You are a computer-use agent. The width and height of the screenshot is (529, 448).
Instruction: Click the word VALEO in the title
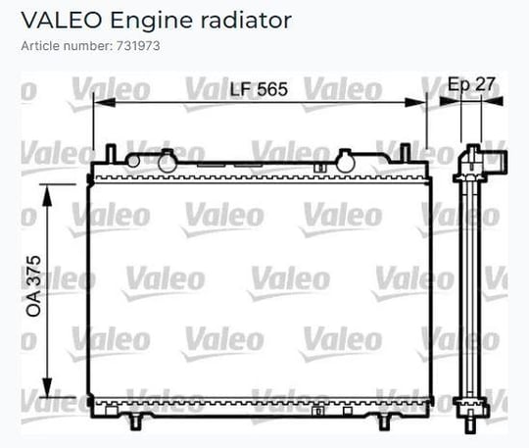click(x=62, y=21)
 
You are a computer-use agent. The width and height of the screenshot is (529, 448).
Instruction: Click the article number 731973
click(x=138, y=46)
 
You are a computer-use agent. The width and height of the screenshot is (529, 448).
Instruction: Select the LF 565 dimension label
click(x=259, y=89)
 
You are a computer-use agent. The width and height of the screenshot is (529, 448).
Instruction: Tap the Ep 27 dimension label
click(x=471, y=84)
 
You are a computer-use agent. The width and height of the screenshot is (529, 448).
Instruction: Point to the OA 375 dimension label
click(x=33, y=286)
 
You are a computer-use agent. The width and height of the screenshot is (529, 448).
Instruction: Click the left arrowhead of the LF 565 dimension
click(x=104, y=102)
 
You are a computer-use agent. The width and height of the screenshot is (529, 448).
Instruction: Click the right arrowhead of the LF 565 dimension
click(x=415, y=102)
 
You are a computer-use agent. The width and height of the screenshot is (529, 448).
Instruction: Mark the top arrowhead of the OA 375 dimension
click(x=48, y=195)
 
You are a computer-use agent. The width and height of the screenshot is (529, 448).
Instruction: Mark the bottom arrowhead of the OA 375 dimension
click(x=48, y=387)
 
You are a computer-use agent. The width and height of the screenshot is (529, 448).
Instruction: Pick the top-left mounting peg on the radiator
click(x=111, y=154)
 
